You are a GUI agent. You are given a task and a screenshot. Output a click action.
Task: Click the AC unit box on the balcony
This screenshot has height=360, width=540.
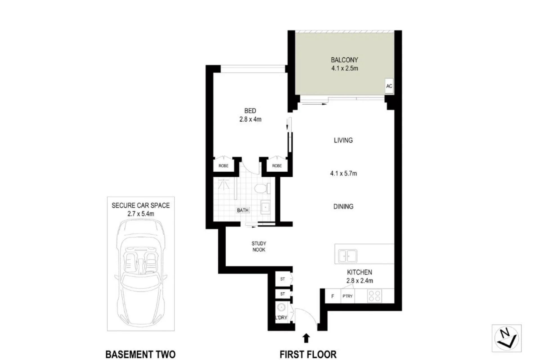click(x=389, y=86)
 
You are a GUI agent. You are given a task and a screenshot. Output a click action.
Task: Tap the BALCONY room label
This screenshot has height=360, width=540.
click(x=344, y=60)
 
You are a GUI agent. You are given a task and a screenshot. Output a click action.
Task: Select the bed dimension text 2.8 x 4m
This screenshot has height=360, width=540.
click(x=250, y=119)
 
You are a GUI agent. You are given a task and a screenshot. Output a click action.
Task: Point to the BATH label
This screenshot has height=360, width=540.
click(x=243, y=210)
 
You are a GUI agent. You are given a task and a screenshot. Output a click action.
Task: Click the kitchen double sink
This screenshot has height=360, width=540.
click(x=348, y=256)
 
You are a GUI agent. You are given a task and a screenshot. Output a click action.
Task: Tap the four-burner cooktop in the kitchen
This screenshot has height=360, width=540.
click(x=375, y=296)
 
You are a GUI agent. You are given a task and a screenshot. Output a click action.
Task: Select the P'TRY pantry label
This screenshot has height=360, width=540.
click(x=348, y=296)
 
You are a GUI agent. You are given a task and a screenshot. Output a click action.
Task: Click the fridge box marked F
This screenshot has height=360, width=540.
click(x=333, y=296)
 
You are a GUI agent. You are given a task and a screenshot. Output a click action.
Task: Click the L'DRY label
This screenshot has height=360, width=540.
click(x=281, y=318)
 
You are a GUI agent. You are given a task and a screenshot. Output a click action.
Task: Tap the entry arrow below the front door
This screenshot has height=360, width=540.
click(x=307, y=338)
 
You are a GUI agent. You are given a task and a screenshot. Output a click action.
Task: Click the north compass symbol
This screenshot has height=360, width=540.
click(x=507, y=338)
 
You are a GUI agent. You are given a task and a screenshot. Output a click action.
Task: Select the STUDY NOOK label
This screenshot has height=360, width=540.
click(x=259, y=247)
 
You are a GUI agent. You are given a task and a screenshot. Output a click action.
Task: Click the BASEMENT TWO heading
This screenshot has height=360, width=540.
click(x=140, y=354)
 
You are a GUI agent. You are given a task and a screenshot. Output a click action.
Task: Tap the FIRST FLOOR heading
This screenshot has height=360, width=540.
click(x=308, y=354)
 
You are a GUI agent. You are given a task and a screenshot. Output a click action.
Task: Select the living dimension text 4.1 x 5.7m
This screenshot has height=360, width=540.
click(x=343, y=174)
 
